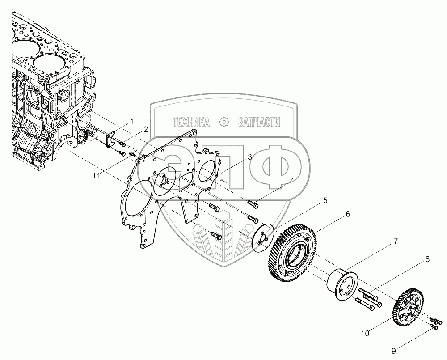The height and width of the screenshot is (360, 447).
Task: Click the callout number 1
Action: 131,122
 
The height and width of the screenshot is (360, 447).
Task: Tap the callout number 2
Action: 146,130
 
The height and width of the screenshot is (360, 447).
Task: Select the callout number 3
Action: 250,157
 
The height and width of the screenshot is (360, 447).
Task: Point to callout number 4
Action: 292,181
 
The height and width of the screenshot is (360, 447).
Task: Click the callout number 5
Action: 325,200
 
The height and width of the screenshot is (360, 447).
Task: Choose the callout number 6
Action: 348,214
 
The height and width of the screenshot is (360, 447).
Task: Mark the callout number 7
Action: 396,241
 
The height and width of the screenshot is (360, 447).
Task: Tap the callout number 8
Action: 427,259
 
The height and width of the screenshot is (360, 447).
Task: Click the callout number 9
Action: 394,351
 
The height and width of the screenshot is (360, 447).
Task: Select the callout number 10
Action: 365,333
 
